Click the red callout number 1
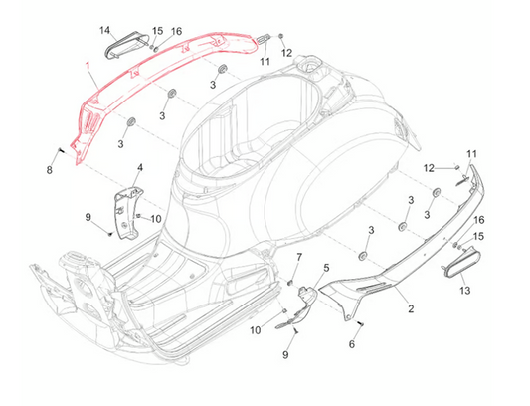coord(88,65)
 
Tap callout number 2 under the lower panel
coord(411,308)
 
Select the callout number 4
coord(139,167)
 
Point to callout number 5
coord(326,268)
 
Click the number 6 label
coord(352,344)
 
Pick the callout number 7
coord(299,257)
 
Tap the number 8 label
coord(50,170)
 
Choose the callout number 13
coord(465,290)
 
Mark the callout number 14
coord(105,30)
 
